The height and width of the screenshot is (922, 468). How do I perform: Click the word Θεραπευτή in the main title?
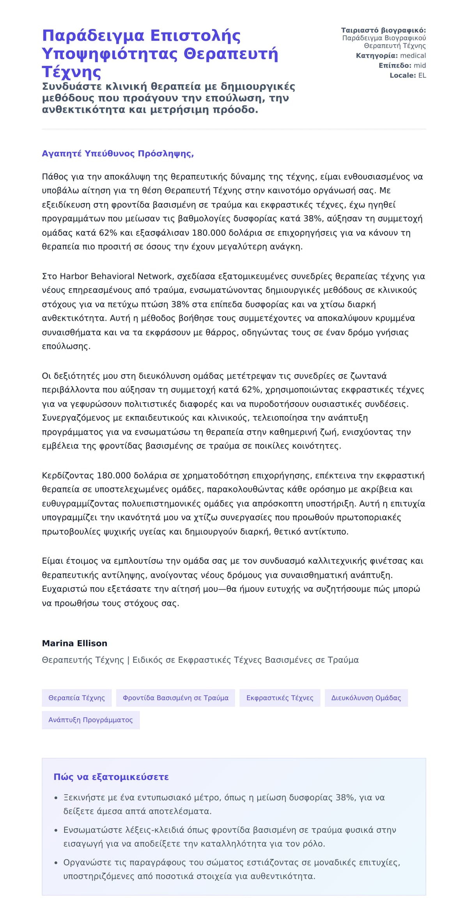coord(230,54)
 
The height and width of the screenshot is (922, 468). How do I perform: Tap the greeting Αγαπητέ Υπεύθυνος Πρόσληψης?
coord(118,154)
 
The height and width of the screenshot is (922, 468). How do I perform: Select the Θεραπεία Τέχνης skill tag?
coord(76,698)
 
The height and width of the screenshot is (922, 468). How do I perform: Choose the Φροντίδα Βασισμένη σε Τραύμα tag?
coord(175,698)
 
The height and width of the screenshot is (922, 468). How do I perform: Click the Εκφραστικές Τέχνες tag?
coord(280,698)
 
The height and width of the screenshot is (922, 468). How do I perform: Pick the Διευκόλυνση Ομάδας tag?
coord(366,698)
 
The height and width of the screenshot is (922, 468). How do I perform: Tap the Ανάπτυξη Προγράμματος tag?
coord(90,720)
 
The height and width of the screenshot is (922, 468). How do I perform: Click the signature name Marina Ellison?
coord(74,643)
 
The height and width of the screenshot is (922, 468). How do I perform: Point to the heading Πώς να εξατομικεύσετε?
coord(111,777)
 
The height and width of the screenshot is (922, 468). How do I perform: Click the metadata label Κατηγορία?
coord(377,56)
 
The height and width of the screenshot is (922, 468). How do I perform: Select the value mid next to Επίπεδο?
coord(420,65)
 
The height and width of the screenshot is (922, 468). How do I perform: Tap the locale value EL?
coord(422,75)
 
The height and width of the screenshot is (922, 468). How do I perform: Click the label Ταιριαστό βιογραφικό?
coord(383,30)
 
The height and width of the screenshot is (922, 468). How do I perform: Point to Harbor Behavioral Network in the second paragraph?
coord(116,276)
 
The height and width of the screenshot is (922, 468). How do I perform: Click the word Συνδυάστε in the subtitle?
coord(72,86)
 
